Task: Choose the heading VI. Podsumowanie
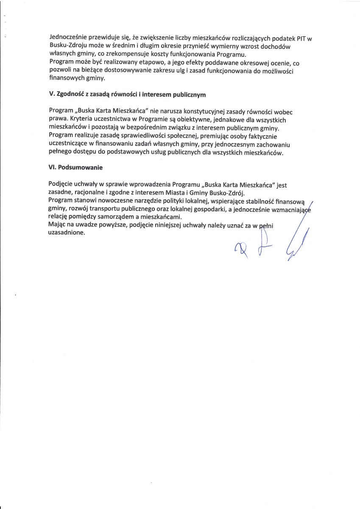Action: click(76, 168)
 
